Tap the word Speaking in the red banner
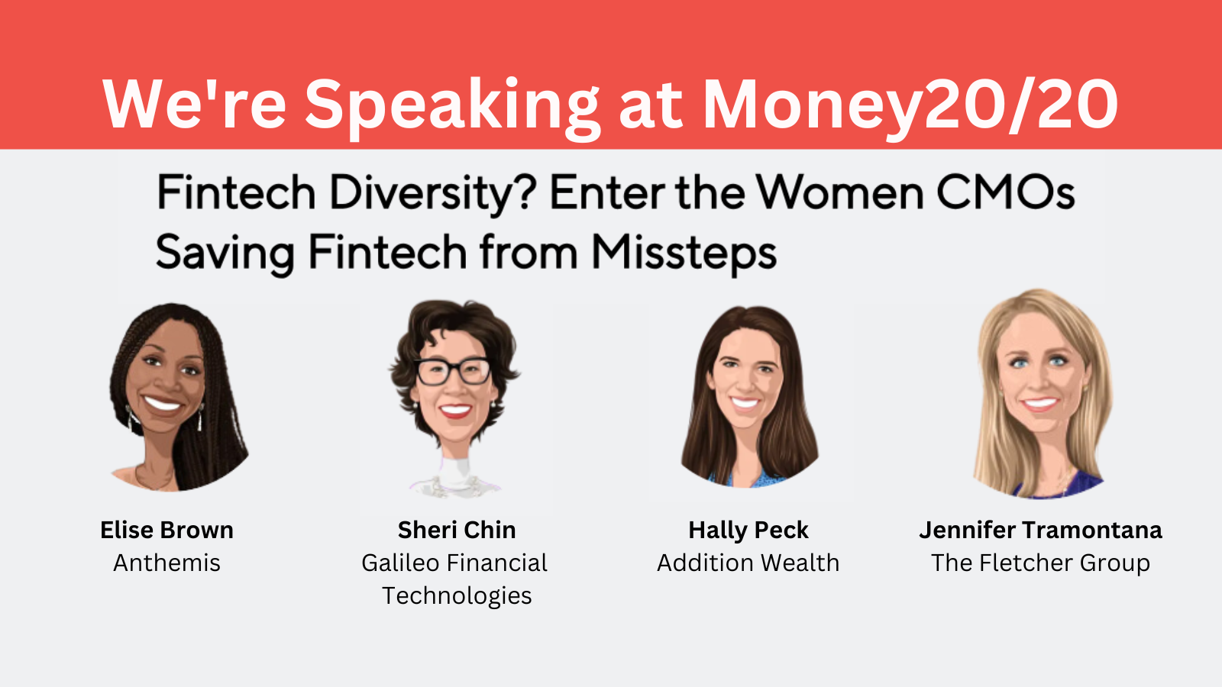452,108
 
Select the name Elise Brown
167,530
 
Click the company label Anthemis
167,563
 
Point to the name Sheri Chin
457,530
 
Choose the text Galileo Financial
454,563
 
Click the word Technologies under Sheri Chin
457,596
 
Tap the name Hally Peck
748,530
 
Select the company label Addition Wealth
748,563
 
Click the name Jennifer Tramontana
1041,530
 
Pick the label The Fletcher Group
1041,563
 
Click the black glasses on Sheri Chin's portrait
454,372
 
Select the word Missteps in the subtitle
684,253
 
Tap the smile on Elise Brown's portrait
162,404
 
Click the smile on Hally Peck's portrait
745,403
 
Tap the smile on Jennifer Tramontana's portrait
1039,405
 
